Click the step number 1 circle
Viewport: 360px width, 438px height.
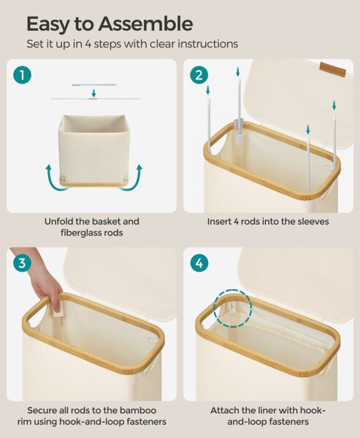point(22,75)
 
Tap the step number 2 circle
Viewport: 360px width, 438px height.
point(199,75)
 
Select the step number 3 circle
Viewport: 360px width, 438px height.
point(22,263)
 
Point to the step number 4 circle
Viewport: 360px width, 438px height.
point(199,263)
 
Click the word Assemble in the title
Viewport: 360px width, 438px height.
point(145,24)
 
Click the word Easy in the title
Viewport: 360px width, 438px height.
point(47,25)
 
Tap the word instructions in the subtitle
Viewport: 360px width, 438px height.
point(207,44)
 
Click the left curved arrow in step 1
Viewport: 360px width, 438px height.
point(55,180)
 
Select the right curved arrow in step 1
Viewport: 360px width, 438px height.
point(131,179)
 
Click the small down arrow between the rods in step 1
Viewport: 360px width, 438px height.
point(94,93)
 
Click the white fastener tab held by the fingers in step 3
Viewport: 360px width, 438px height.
point(58,311)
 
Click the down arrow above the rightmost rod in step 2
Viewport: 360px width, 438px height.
point(334,106)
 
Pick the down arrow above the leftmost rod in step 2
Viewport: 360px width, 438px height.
point(207,90)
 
